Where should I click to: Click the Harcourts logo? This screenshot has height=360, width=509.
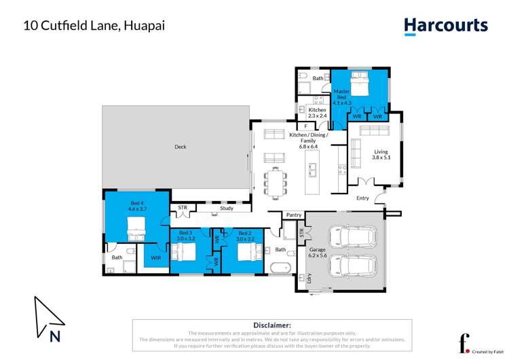click(x=446, y=26)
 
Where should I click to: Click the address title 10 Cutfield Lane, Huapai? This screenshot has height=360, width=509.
click(x=94, y=26)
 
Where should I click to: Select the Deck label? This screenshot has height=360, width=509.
click(x=180, y=147)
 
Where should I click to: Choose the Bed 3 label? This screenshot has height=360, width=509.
click(x=186, y=236)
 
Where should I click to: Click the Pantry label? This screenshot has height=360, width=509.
click(x=293, y=215)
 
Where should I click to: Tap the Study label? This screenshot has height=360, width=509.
click(x=227, y=209)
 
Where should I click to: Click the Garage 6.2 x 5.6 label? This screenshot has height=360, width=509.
click(x=318, y=253)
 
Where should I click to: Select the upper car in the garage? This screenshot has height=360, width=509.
click(x=353, y=237)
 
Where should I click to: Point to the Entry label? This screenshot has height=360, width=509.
click(x=363, y=198)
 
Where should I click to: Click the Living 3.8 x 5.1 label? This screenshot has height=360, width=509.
click(x=381, y=155)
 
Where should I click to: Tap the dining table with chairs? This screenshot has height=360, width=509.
click(x=276, y=181)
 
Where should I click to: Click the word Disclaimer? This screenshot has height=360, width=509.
click(x=272, y=325)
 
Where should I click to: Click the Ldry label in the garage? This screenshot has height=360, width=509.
click(x=309, y=278)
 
